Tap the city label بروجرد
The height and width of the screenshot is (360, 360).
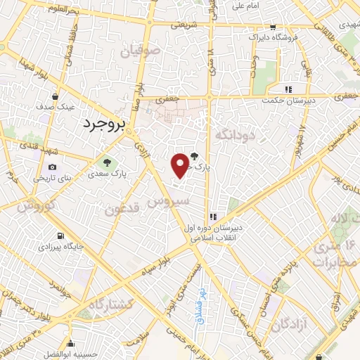(103, 124)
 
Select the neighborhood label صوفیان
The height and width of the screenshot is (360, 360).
(140, 51)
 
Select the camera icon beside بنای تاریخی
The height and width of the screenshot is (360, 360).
(52, 167)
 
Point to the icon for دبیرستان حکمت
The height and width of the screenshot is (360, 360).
(288, 89)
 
